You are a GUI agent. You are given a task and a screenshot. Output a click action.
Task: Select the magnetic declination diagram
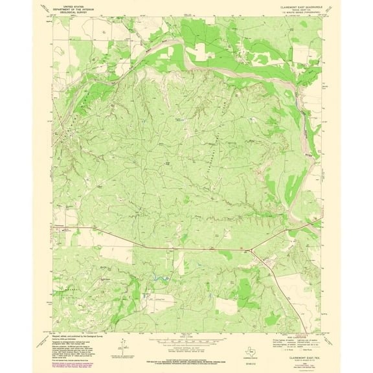click(121, 344)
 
